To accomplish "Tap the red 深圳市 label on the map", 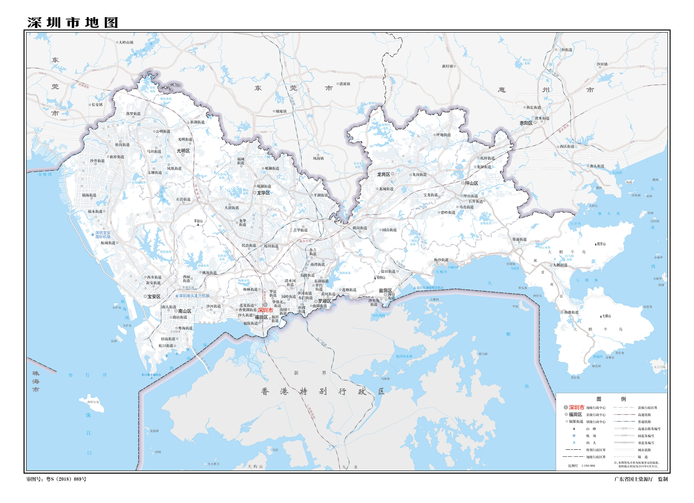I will (265, 310).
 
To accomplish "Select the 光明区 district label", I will (183, 151).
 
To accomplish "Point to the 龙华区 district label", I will (263, 193).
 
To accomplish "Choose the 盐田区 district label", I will (385, 290).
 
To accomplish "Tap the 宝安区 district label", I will (154, 296).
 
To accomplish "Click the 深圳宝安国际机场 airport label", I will (103, 235).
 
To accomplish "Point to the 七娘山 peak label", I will (607, 316).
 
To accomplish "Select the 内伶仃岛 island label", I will (93, 402).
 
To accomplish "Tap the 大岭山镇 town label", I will (126, 42).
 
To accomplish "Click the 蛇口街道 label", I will (166, 346).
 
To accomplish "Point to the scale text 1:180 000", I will (588, 466).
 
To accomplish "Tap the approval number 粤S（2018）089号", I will (66, 479).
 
